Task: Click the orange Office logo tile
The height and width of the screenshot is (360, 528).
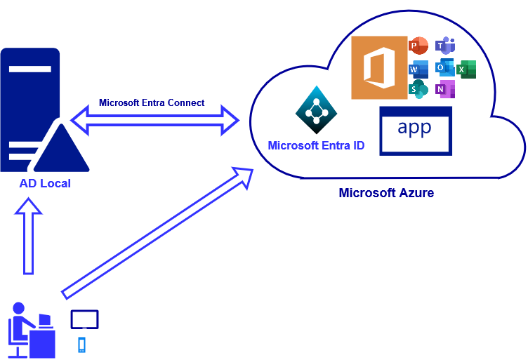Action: click(379, 67)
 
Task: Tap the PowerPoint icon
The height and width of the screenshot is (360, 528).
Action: click(418, 46)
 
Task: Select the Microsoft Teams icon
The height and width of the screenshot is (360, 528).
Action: click(445, 46)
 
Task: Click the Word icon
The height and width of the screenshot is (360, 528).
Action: click(418, 69)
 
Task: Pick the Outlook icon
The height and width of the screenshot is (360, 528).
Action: click(444, 67)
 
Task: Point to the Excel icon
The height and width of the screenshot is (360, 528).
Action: click(466, 69)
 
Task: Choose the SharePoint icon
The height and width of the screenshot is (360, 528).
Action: click(418, 89)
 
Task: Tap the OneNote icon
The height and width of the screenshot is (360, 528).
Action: click(445, 89)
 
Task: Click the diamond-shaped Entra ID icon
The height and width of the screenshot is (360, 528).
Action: click(316, 109)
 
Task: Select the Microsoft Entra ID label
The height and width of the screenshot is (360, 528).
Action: click(316, 146)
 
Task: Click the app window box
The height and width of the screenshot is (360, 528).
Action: click(416, 131)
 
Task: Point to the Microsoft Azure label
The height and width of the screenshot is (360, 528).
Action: click(386, 193)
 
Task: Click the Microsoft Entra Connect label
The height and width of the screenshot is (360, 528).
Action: click(152, 102)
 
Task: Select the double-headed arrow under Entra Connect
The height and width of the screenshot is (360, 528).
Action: click(154, 120)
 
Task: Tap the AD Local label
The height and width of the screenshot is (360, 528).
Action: click(45, 184)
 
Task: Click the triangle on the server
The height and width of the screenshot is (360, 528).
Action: click(61, 149)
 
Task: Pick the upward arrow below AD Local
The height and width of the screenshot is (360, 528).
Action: click(28, 236)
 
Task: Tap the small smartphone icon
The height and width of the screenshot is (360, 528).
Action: click(81, 345)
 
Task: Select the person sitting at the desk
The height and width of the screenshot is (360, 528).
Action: click(28, 330)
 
